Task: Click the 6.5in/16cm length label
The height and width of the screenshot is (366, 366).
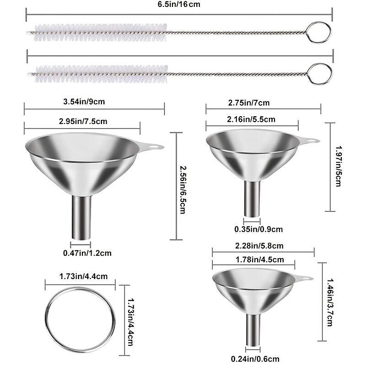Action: coord(179,5)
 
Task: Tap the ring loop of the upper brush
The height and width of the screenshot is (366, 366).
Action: coord(318,32)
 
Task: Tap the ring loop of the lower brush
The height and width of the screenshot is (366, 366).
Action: coord(319,74)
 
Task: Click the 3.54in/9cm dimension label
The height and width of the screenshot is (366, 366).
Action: coord(85,102)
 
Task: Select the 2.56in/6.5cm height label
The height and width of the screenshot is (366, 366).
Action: coord(182,186)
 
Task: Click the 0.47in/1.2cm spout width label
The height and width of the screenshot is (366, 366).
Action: coord(87,253)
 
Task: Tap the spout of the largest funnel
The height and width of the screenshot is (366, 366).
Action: coord(81,217)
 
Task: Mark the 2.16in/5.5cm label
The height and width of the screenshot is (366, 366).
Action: coord(252,119)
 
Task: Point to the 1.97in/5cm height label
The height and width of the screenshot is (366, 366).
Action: coord(338,167)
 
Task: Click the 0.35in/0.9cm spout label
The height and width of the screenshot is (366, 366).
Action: coord(258,229)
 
